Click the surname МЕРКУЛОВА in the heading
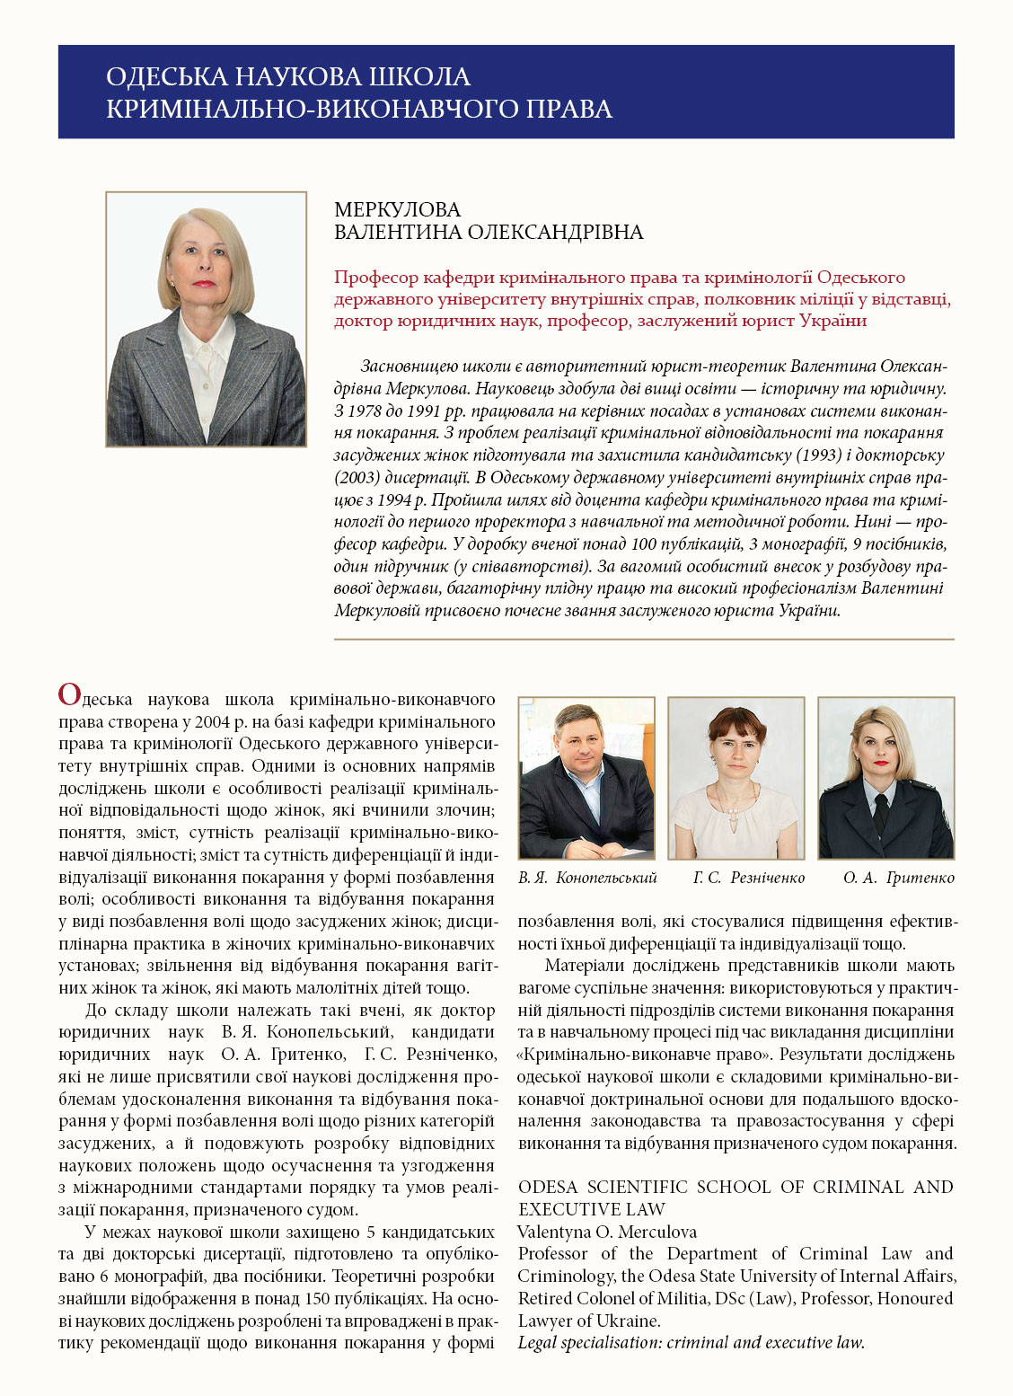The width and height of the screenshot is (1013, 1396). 397,210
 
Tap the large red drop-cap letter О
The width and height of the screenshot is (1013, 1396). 69,694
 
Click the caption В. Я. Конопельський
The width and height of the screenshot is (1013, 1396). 587,878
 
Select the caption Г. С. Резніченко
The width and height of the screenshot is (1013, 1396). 749,878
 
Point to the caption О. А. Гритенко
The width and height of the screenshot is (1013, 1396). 898,878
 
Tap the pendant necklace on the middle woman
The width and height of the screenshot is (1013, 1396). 736,813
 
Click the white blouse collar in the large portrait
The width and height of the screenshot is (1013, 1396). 206,346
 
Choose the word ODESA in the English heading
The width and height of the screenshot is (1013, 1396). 548,1188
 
